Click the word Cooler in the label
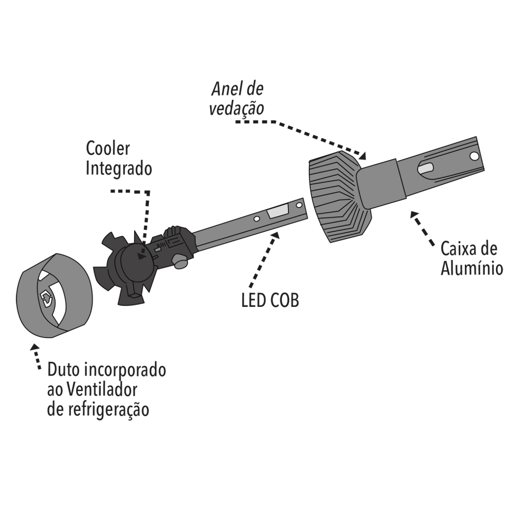108,149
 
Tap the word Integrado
119,168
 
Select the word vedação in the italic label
237,108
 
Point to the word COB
285,301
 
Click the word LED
254,301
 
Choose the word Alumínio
472,268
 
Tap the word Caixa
459,249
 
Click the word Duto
63,370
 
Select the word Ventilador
101,389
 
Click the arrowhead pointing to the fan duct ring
34,347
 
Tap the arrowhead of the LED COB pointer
275,235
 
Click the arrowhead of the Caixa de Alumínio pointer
414,215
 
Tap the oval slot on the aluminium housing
425,168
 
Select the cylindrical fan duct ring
55,295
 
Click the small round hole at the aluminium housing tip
475,156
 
